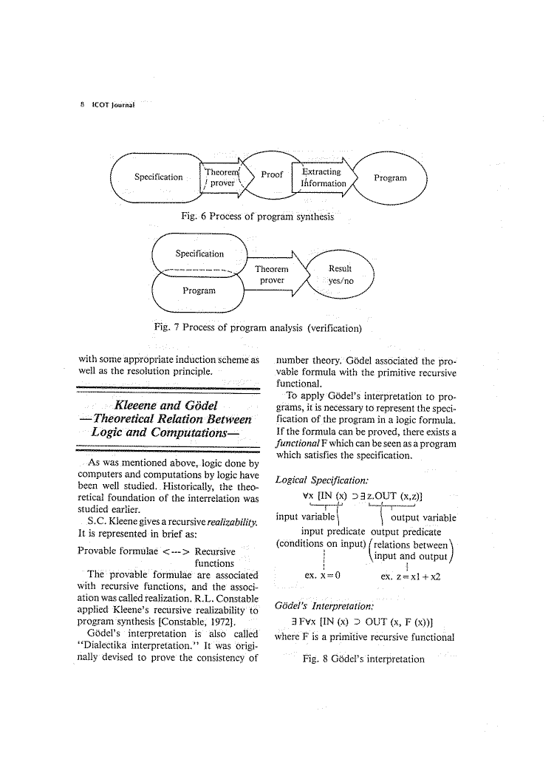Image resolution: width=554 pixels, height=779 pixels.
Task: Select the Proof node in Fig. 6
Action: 271,175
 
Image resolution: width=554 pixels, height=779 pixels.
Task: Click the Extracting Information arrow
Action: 323,177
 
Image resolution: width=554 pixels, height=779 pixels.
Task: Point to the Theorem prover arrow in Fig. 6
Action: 221,177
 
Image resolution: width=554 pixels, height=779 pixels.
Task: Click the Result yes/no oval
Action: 340,275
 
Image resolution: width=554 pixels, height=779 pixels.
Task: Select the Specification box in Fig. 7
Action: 199,254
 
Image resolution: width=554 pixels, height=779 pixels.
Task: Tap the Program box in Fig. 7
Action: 199,290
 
